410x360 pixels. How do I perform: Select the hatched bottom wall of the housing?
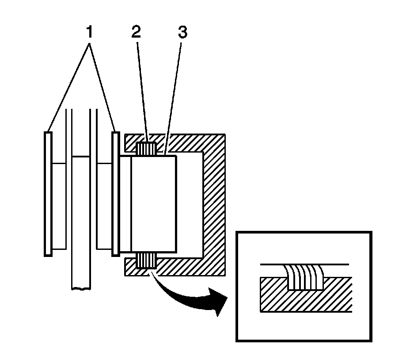click(186, 265)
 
